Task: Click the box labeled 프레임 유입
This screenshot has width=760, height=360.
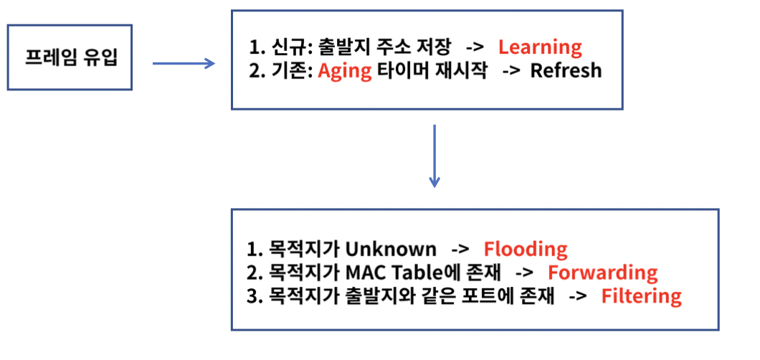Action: pyautogui.click(x=70, y=58)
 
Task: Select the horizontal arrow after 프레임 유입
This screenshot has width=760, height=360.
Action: pyautogui.click(x=184, y=63)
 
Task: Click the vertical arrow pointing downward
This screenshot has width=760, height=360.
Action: pyautogui.click(x=433, y=156)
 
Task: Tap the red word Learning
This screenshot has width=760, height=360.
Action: pyautogui.click(x=540, y=47)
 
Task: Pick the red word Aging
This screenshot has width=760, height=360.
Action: pyautogui.click(x=345, y=71)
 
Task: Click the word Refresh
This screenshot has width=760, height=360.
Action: pyautogui.click(x=566, y=71)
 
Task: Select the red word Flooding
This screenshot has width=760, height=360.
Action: pyautogui.click(x=526, y=249)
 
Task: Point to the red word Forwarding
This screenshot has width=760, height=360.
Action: pyautogui.click(x=602, y=273)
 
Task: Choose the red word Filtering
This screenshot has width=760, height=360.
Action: pyautogui.click(x=641, y=296)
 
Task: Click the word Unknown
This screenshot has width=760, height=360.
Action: pyautogui.click(x=390, y=249)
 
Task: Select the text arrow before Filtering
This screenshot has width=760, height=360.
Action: pyautogui.click(x=577, y=296)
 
